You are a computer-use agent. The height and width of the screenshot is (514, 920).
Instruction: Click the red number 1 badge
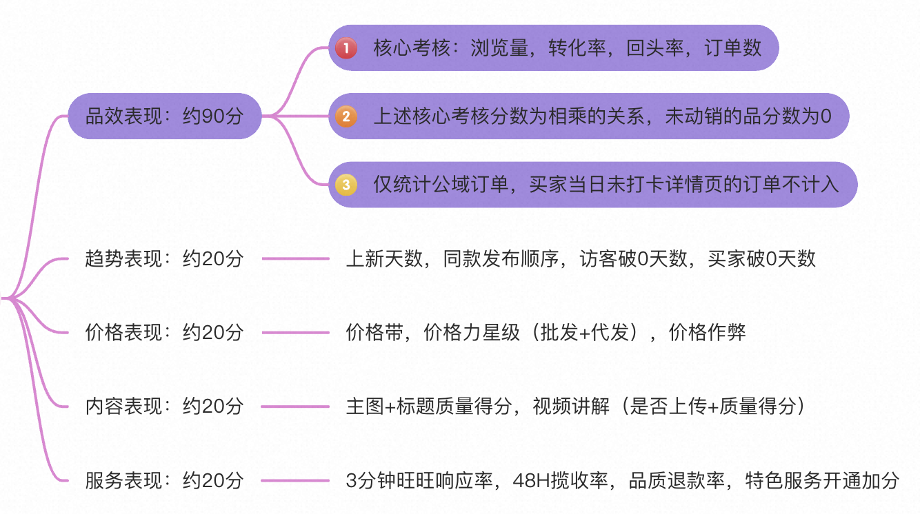tap(346, 48)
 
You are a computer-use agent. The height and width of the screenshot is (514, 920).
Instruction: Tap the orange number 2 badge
tap(346, 116)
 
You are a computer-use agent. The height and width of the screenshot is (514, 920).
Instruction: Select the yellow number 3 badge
tap(346, 185)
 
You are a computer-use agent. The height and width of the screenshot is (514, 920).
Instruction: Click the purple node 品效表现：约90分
tap(164, 116)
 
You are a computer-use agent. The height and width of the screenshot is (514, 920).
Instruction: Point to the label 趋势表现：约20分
tap(164, 259)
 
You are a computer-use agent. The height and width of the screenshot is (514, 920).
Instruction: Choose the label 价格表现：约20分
tap(164, 333)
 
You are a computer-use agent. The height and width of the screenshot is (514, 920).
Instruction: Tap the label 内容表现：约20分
tap(164, 407)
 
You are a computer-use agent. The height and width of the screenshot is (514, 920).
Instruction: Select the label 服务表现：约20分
tap(164, 480)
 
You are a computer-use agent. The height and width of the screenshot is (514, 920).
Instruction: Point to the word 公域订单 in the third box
tap(477, 185)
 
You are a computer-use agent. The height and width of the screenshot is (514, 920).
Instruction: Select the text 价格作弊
tap(708, 333)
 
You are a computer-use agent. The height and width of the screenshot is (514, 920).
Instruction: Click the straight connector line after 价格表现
tap(295, 333)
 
